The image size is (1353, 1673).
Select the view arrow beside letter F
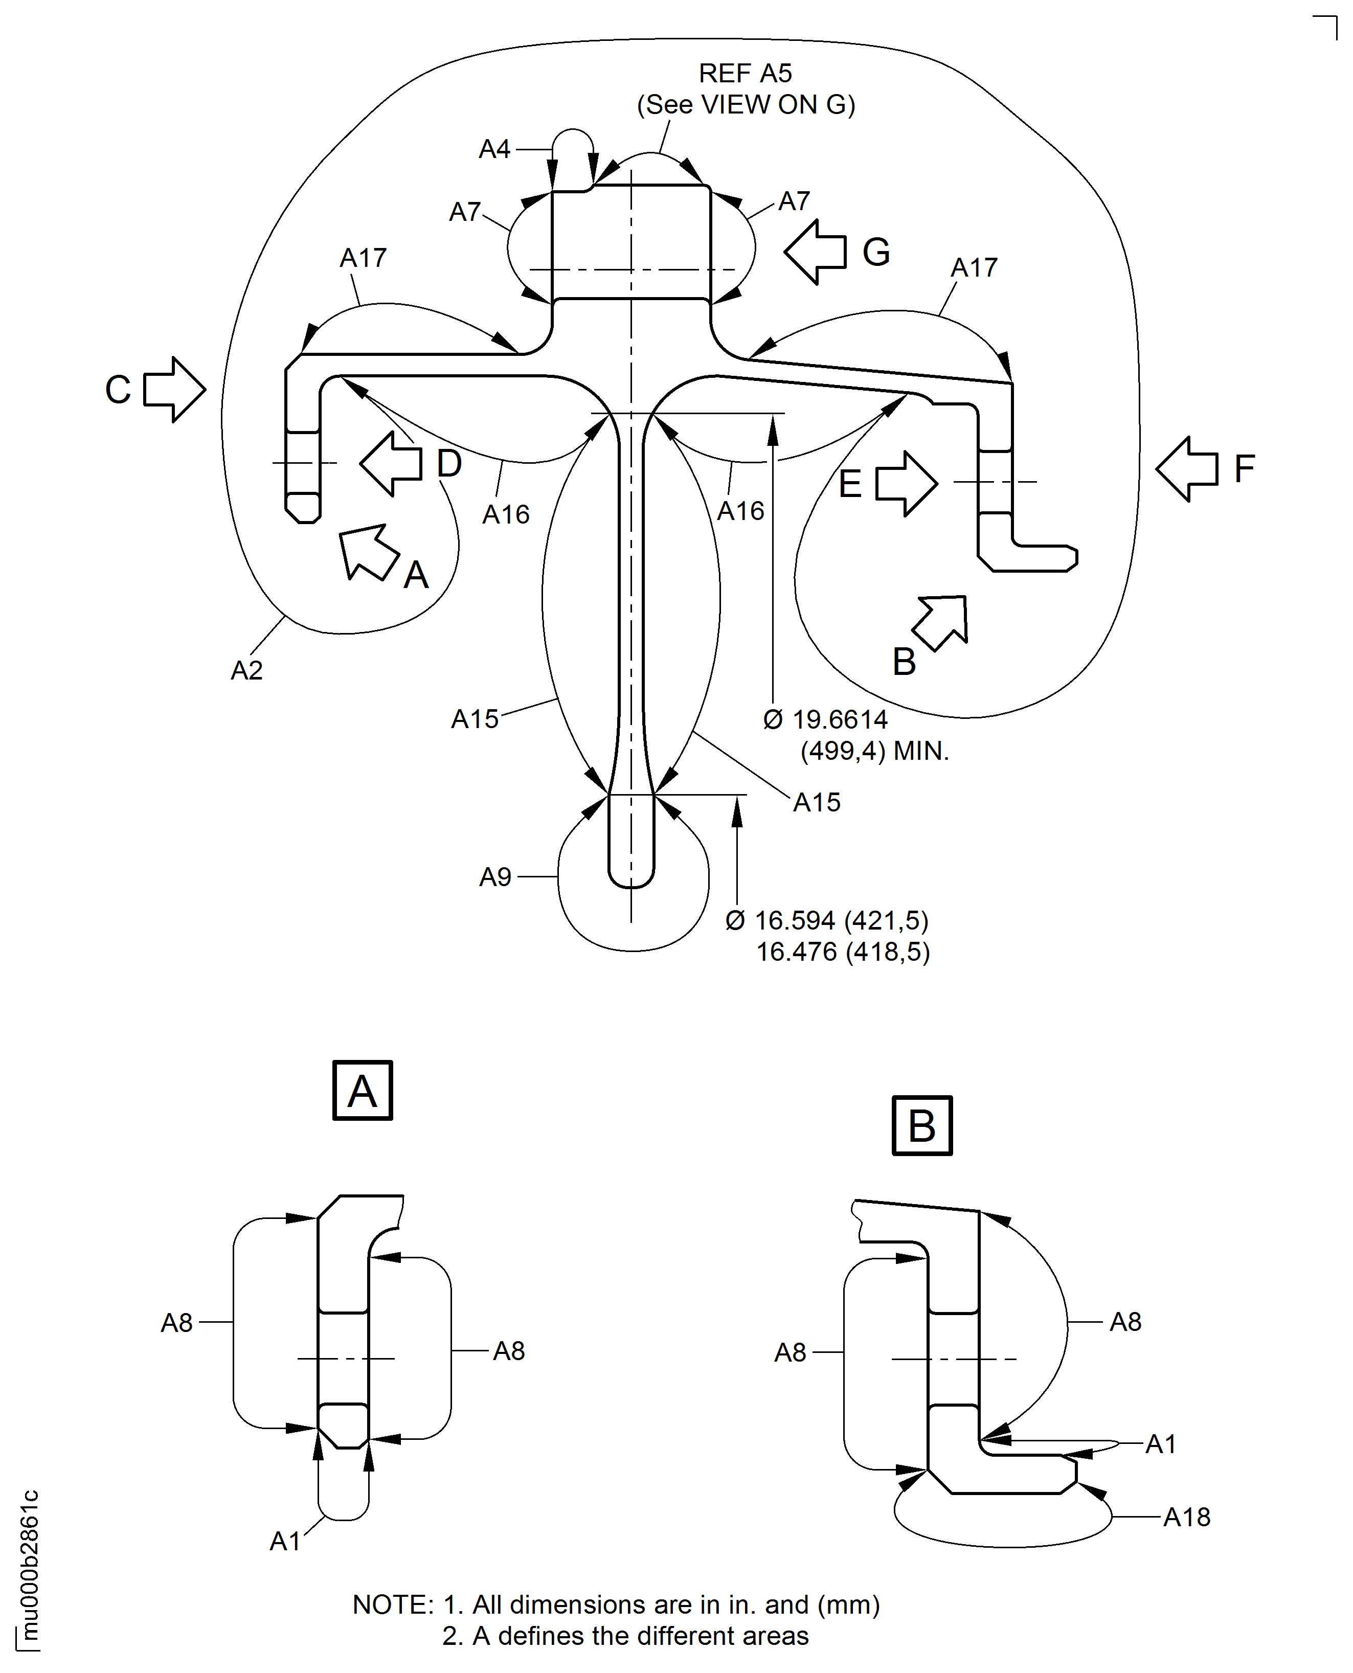1186,468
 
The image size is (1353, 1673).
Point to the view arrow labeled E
906,483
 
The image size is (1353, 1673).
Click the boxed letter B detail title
922,1125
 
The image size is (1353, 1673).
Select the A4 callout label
494,149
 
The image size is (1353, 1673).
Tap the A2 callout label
246,670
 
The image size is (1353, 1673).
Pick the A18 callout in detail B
1186,1517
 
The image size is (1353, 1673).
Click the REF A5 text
745,73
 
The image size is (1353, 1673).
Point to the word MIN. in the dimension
921,751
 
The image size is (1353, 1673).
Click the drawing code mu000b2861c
29,1566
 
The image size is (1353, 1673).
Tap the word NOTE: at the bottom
393,1604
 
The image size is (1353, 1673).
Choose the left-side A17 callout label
363,258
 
